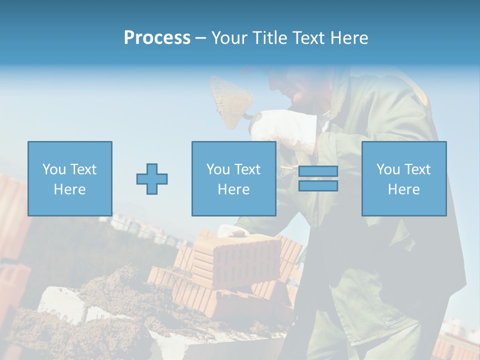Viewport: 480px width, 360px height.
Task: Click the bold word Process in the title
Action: tap(157, 38)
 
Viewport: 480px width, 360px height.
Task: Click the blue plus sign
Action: tap(152, 179)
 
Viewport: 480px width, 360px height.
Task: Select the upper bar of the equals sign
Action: tap(318, 171)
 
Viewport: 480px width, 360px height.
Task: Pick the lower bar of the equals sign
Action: tap(318, 186)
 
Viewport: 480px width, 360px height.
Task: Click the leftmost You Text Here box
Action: tap(69, 178)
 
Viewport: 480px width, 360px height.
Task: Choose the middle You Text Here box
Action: tap(233, 178)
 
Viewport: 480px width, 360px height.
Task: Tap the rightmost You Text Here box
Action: tap(403, 178)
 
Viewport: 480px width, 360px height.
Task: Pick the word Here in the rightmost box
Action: tap(403, 189)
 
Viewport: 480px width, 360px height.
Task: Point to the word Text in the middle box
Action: tap(247, 169)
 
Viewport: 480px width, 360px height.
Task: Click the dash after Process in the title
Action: tap(200, 38)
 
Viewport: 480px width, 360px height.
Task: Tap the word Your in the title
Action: tap(229, 38)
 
